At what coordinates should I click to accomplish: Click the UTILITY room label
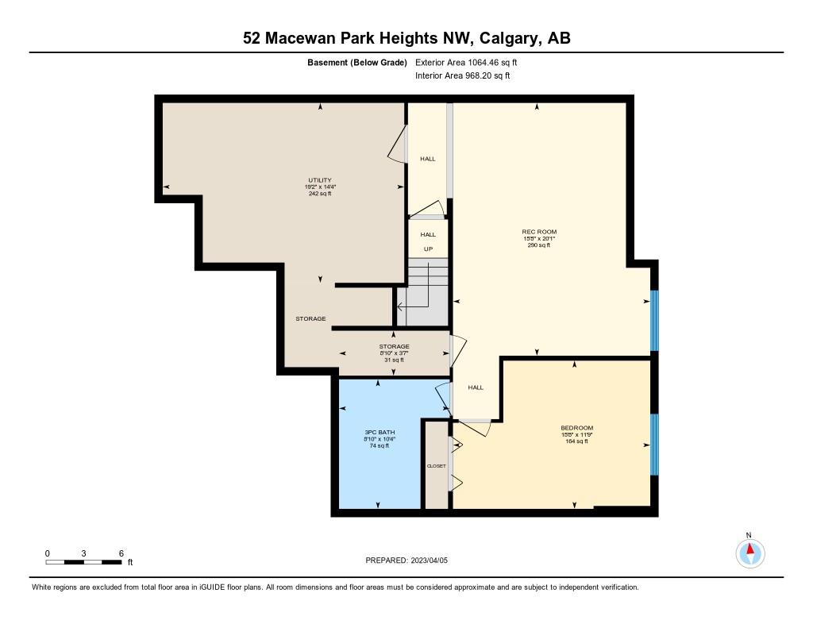320,180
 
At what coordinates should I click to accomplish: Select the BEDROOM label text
576,428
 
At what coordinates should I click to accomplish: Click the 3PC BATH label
377,432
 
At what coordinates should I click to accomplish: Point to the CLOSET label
436,466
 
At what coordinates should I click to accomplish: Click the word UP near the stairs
428,249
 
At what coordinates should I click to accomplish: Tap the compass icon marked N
749,552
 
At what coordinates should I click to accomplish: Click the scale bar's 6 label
121,553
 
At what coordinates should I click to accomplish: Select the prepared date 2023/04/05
433,561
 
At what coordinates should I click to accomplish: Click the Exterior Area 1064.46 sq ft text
466,62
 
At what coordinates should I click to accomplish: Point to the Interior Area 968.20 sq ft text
462,76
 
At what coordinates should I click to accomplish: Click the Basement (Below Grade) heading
356,62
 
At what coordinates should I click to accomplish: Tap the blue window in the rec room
654,320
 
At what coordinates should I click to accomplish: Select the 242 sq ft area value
320,194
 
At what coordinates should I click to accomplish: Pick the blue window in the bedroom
654,444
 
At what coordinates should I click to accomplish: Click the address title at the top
406,38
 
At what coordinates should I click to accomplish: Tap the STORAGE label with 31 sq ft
394,347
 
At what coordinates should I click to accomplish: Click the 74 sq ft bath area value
377,445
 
